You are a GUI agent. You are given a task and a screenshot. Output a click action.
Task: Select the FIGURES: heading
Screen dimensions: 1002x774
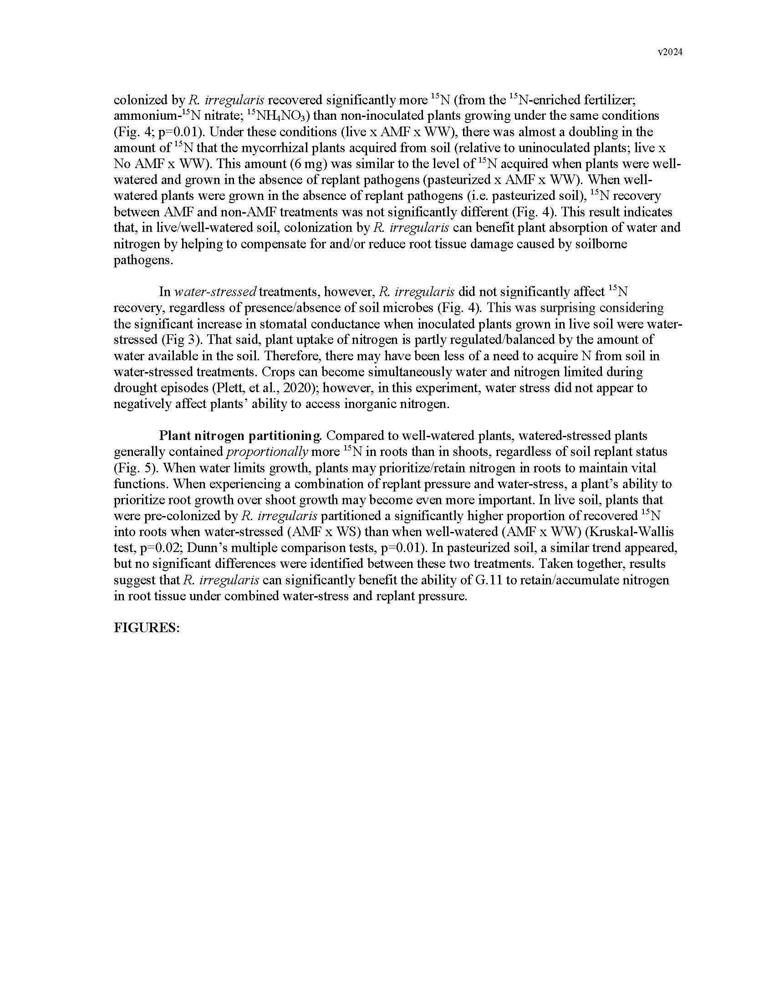(146, 628)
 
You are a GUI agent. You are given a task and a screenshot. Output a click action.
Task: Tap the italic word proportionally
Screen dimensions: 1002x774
(267, 451)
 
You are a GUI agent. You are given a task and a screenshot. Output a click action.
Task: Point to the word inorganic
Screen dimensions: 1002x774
(362, 404)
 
